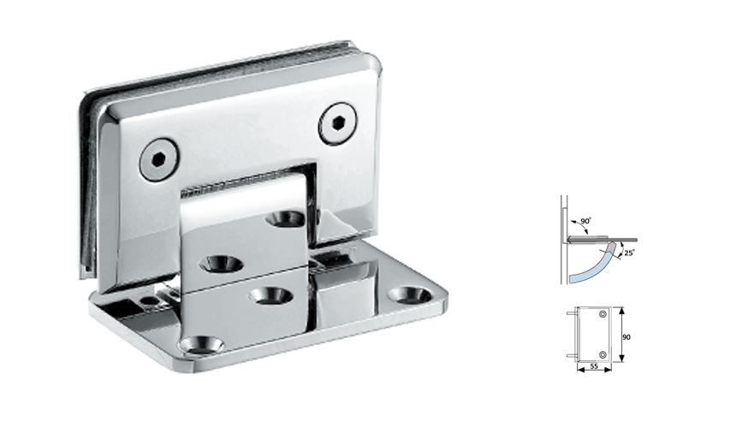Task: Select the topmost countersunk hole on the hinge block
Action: click(x=285, y=219)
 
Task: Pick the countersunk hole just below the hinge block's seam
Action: click(x=270, y=295)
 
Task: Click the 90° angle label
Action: click(x=586, y=223)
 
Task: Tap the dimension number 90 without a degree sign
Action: click(x=626, y=337)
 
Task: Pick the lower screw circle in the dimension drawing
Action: click(x=603, y=354)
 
